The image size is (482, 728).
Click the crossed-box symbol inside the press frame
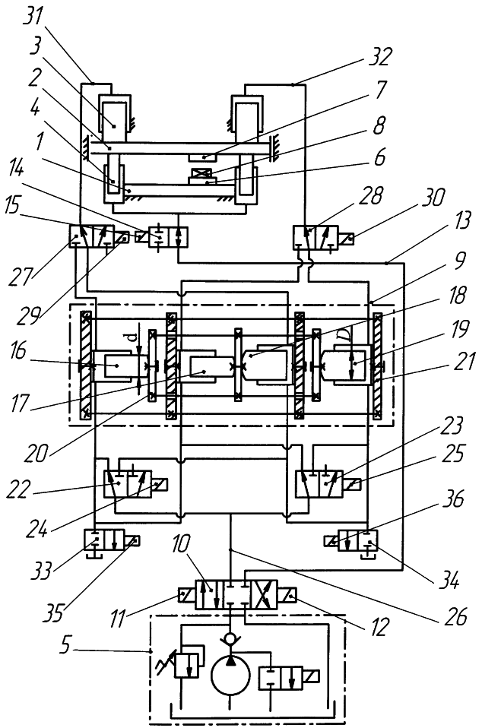(x=201, y=177)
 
